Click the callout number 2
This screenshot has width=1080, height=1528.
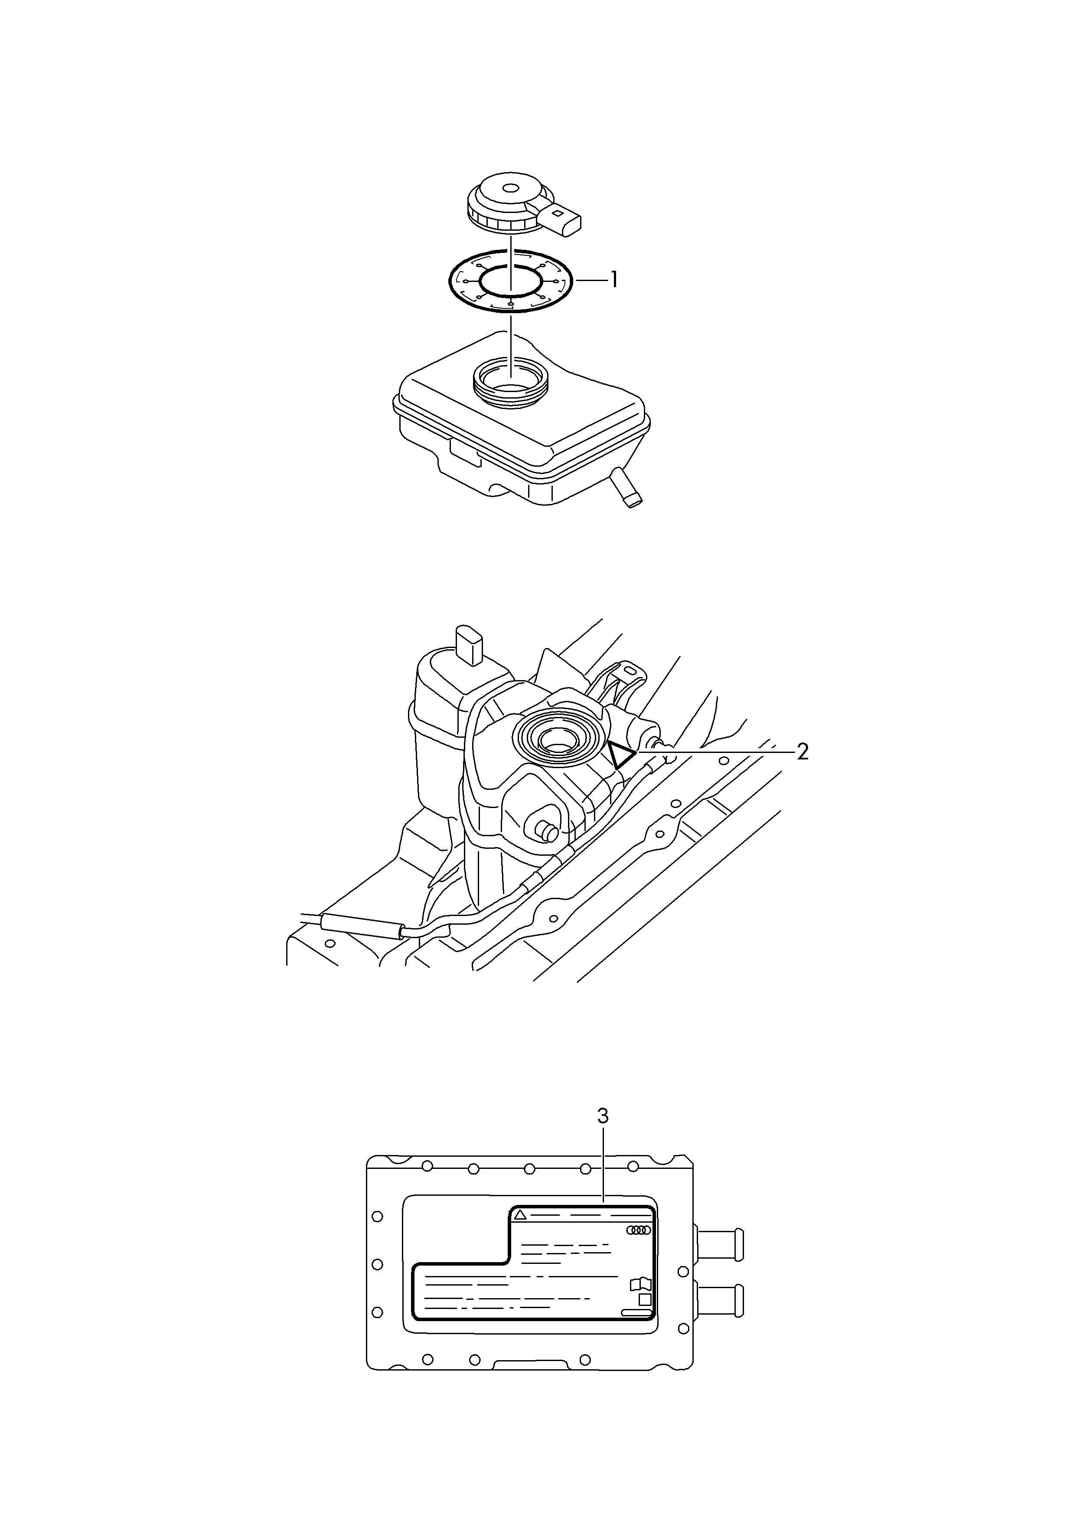point(803,753)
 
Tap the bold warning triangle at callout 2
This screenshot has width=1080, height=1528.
point(620,756)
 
